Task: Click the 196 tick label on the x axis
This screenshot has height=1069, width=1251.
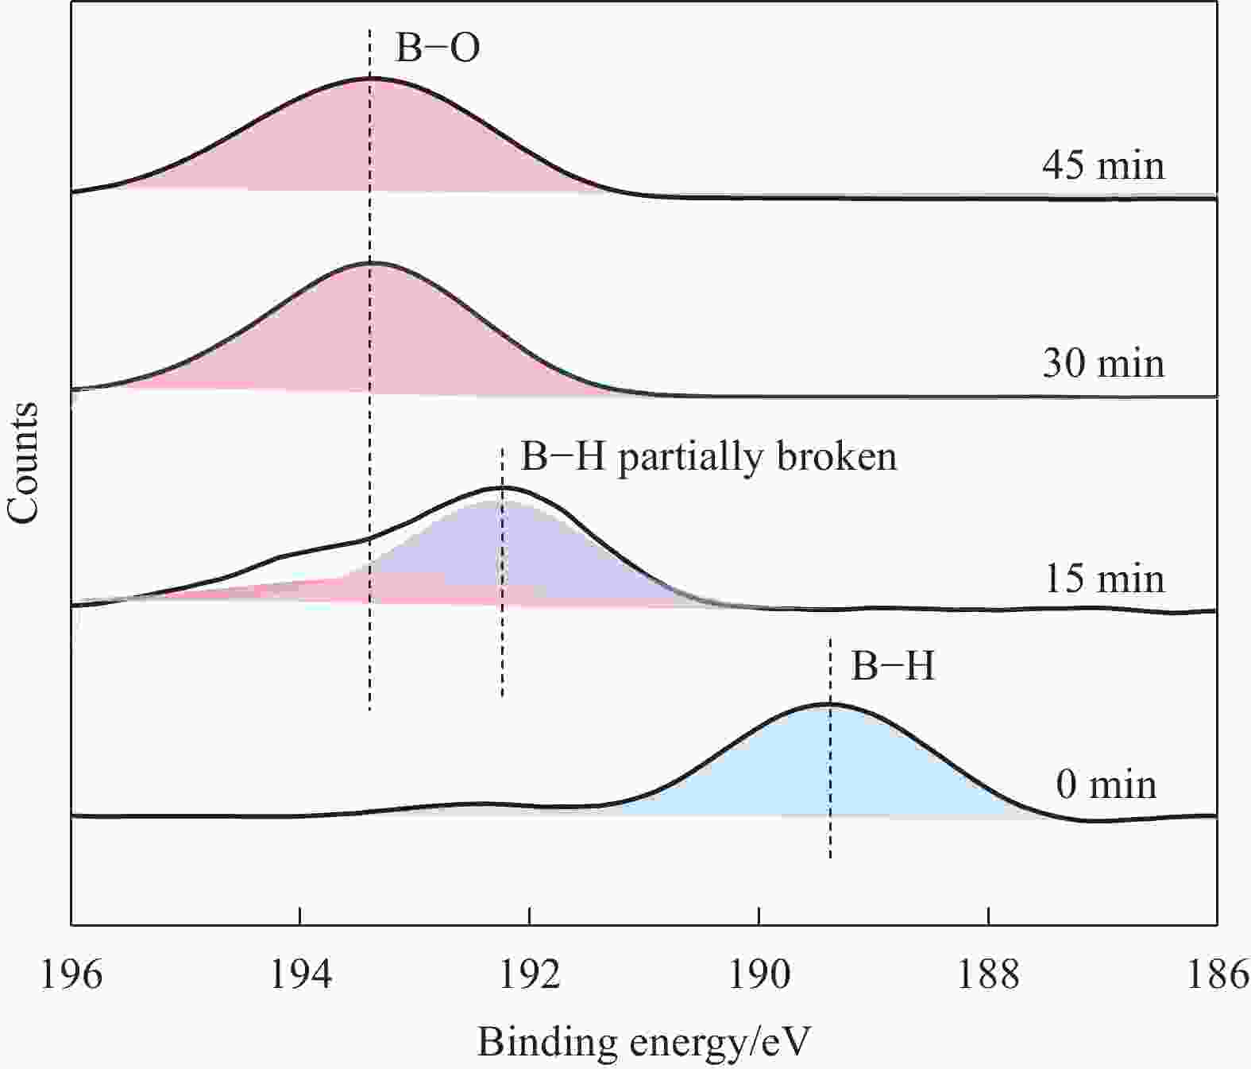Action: coord(71,974)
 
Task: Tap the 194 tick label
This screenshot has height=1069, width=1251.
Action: coord(300,974)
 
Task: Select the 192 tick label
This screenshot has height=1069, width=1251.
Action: coord(529,974)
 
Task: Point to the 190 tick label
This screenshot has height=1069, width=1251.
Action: coord(759,974)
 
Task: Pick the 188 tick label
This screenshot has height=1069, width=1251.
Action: coord(988,974)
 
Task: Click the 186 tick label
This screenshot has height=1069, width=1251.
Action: coord(1217,974)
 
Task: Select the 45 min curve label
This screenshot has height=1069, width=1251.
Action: coord(1103,165)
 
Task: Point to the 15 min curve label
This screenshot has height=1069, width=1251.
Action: coord(1103,578)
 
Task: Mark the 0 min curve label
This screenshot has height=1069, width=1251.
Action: coord(1106,784)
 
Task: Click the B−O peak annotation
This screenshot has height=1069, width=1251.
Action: coord(438,48)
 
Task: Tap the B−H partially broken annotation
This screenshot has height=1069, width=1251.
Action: coord(709,457)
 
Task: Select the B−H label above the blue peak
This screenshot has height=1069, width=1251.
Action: coord(893,666)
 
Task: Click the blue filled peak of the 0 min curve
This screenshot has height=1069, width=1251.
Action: coord(831,771)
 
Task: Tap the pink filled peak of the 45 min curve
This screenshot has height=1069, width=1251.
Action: coord(370,143)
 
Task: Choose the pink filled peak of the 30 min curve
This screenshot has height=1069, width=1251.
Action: coord(370,334)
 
